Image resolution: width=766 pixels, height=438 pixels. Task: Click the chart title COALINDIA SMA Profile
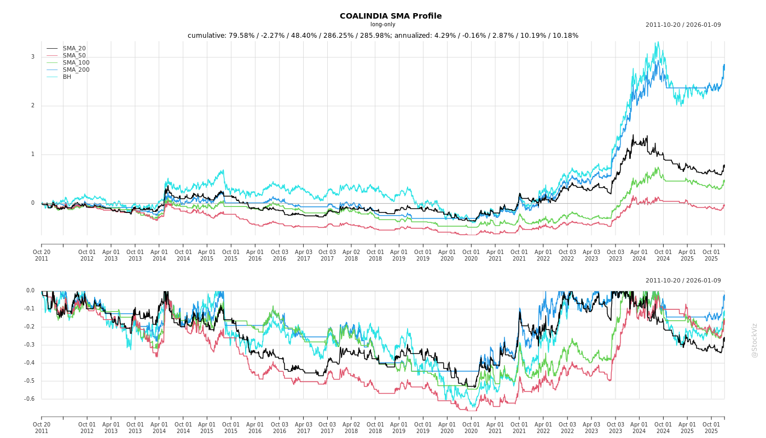click(x=391, y=16)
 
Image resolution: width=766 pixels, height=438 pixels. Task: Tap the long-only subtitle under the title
click(x=382, y=25)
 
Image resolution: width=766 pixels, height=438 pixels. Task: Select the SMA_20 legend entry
click(x=74, y=49)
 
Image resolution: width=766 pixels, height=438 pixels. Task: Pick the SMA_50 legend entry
click(x=74, y=56)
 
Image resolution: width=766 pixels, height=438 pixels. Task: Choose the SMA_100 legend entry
click(x=76, y=63)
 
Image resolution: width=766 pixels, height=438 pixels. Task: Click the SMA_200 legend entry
click(x=76, y=70)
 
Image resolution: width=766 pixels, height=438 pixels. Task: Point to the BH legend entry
click(x=67, y=77)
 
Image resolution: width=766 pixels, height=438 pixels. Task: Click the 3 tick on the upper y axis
click(x=33, y=57)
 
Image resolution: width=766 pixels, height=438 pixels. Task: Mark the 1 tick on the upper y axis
click(x=33, y=154)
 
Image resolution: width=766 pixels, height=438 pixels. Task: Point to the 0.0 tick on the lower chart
click(x=30, y=291)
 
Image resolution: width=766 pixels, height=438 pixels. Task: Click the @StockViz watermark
click(x=755, y=340)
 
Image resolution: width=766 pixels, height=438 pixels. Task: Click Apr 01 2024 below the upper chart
click(x=639, y=255)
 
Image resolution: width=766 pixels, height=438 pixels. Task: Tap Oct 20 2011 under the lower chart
click(x=42, y=428)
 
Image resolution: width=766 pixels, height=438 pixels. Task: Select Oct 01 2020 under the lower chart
click(x=471, y=428)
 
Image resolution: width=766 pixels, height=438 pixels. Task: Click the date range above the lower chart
click(x=683, y=281)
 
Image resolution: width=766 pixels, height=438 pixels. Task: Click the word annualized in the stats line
click(x=413, y=36)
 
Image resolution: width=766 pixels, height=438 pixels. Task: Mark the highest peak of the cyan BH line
click(x=658, y=42)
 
